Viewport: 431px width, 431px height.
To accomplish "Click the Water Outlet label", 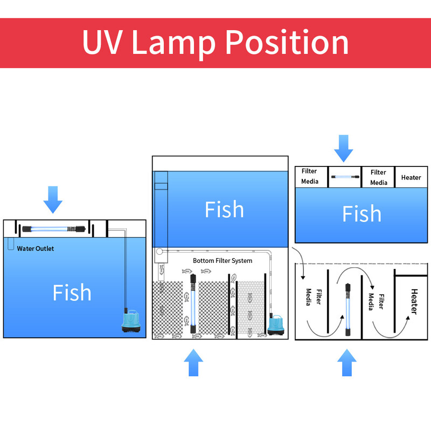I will [36, 248].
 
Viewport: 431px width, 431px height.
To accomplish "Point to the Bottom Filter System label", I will [223, 261].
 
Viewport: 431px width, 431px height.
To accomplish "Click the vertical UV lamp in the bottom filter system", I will [191, 304].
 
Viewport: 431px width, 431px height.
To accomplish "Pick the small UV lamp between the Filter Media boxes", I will [344, 176].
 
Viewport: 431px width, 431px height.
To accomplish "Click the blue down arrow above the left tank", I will [53, 199].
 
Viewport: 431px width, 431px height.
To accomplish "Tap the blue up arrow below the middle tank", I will [193, 362].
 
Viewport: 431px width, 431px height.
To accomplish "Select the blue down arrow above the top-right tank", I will [343, 148].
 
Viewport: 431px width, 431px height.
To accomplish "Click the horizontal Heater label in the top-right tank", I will [411, 177].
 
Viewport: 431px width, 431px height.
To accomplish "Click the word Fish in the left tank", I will [72, 293].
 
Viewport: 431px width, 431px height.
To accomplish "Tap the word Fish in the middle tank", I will [224, 210].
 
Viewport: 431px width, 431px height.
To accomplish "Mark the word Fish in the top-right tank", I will [362, 214].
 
